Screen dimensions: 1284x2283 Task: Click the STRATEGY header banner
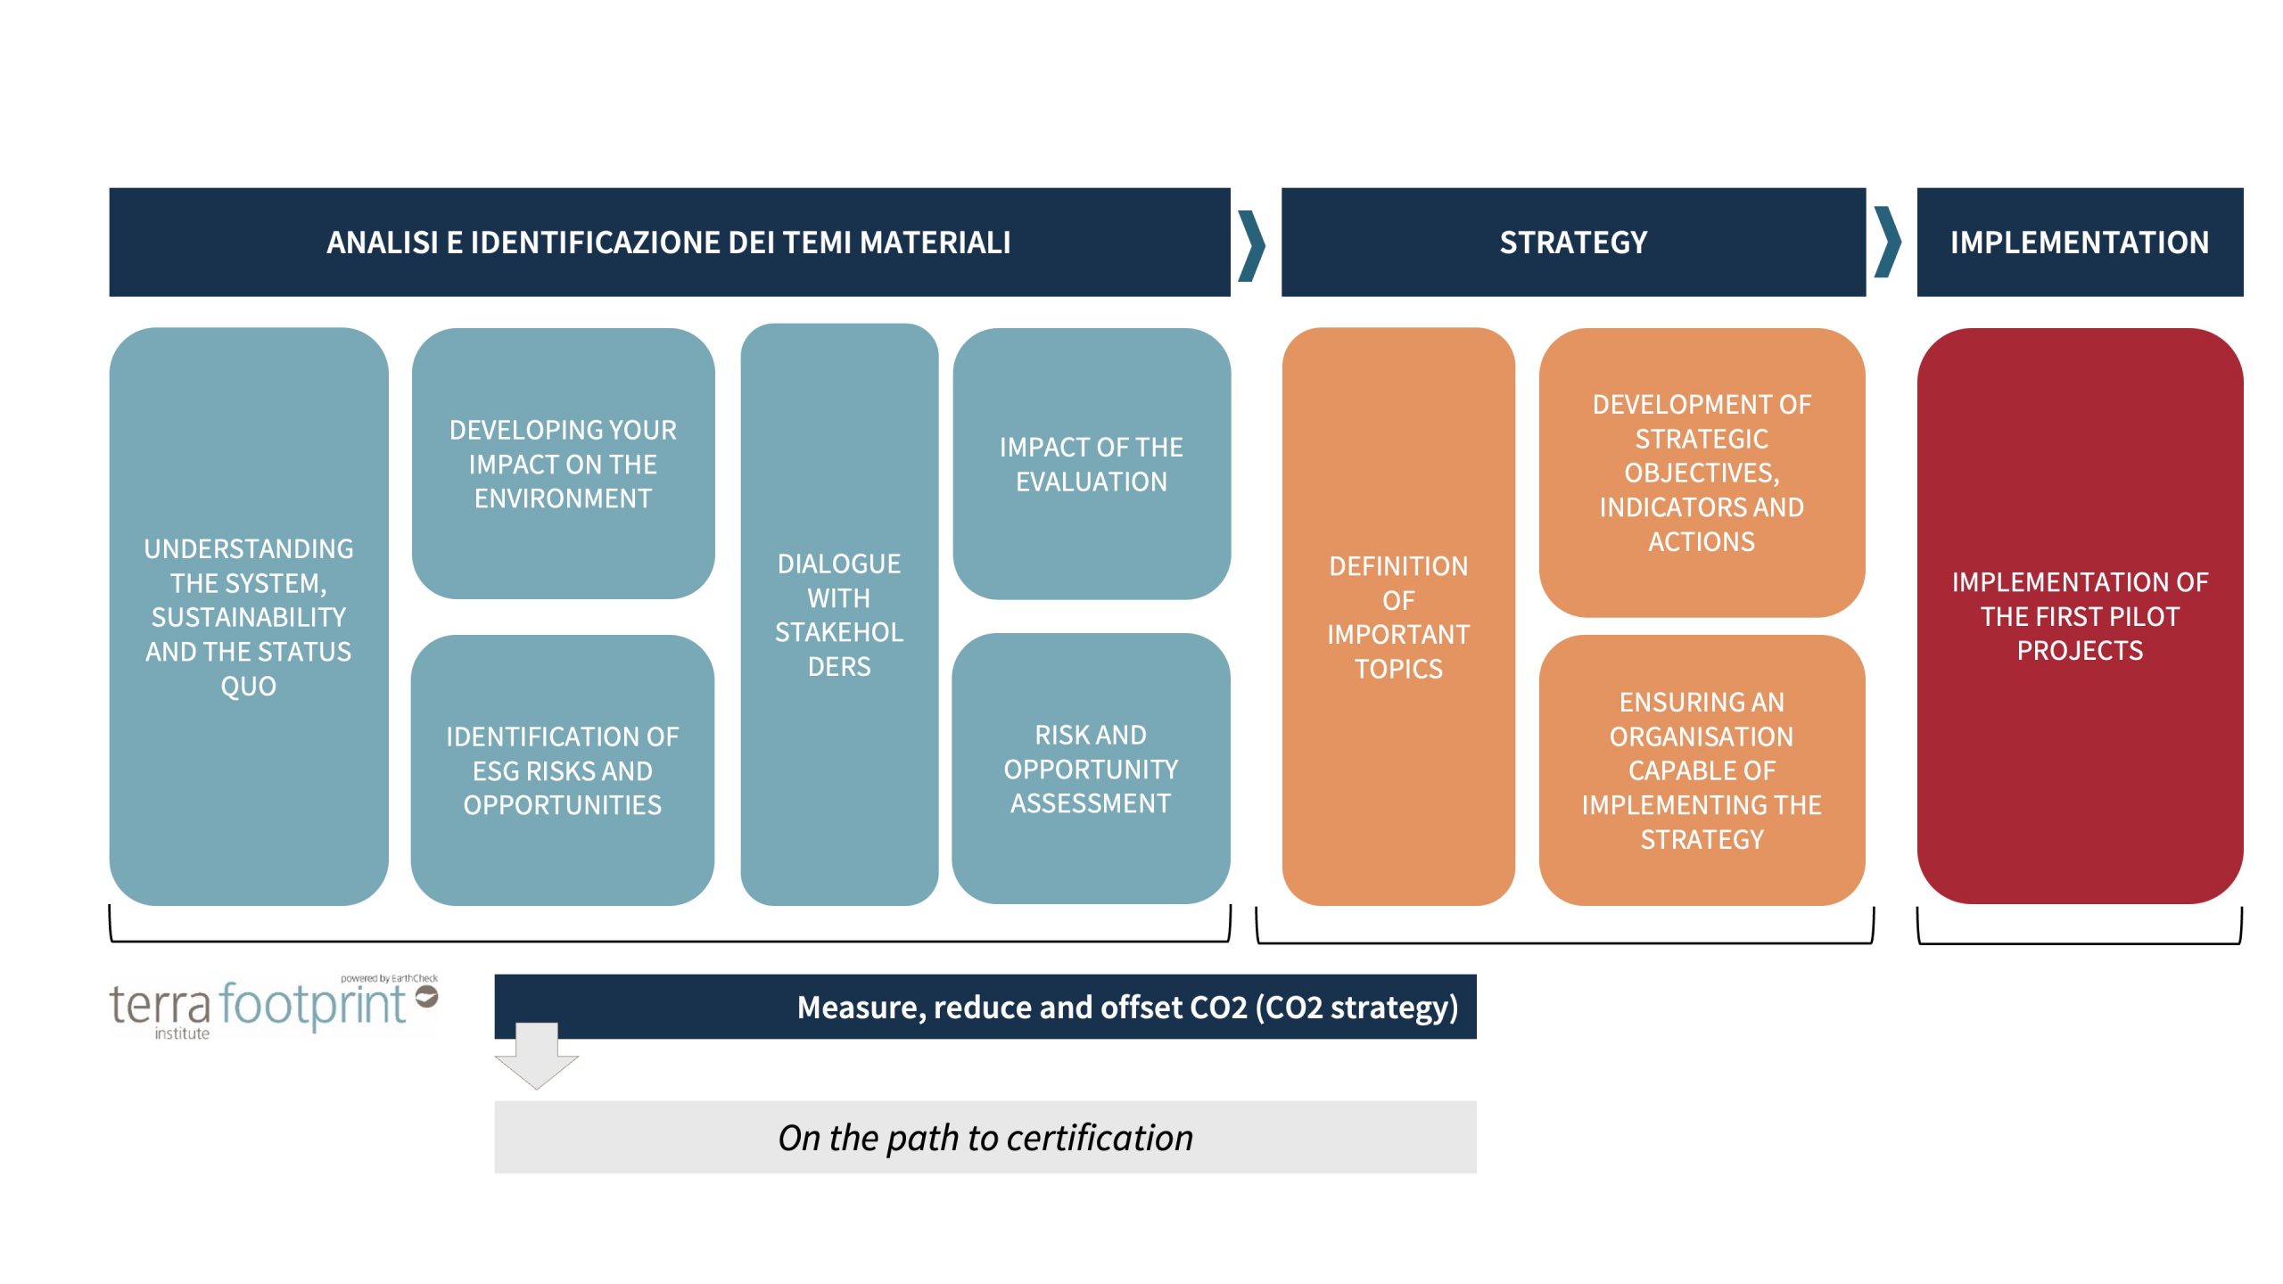pos(1572,242)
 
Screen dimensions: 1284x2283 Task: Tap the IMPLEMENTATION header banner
pos(2079,242)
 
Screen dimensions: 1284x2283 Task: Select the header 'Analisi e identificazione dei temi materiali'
pos(669,242)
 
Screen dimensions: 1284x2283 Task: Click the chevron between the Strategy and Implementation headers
pos(1887,242)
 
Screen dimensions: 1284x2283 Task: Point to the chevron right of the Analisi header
pos(1252,244)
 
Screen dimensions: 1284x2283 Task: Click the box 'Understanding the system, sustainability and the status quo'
pos(249,616)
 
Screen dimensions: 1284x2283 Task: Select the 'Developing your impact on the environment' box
pos(563,464)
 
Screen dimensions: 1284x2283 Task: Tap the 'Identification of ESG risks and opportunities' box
pos(563,770)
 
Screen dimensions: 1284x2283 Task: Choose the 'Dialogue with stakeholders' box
pos(838,614)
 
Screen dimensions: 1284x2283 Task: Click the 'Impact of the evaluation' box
pos(1091,464)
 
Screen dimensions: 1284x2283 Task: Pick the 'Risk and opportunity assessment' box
pos(1091,769)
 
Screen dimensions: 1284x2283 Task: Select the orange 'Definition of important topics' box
pos(1397,616)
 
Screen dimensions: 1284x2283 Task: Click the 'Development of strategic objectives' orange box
pos(1701,473)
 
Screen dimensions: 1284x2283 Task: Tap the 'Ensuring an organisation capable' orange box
pos(1701,770)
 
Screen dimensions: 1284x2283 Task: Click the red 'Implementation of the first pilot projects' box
pos(2079,616)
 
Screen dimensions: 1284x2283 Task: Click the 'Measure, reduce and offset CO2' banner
pos(985,1007)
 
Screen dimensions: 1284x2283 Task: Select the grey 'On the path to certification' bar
pos(985,1137)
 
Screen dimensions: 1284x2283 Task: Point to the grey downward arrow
pos(537,1058)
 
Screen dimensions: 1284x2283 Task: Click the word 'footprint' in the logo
pos(312,1005)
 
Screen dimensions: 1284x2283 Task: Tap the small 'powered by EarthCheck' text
pos(389,978)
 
